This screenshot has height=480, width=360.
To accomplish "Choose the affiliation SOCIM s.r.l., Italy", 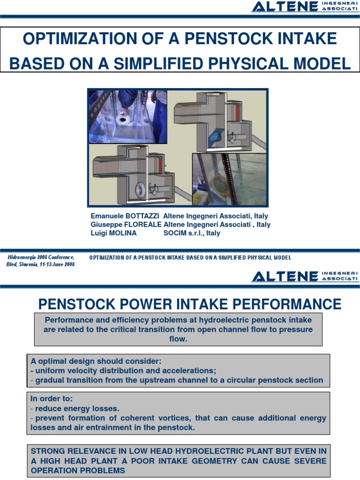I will pos(192,233).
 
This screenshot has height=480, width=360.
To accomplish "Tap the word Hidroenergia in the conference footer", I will pos(23,257).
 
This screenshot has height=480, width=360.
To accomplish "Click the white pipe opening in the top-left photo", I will pos(123,120).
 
